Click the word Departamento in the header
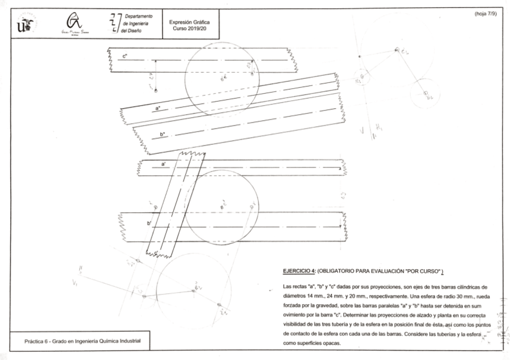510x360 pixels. [x=139, y=16]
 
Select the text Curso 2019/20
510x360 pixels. [x=189, y=28]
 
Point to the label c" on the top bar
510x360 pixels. [x=124, y=56]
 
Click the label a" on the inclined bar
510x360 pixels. [x=158, y=108]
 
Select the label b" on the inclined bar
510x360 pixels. [x=162, y=134]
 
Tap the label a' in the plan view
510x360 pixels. [x=163, y=163]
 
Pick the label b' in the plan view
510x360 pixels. [x=149, y=223]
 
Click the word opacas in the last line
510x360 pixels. [x=332, y=343]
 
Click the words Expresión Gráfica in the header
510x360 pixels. [x=189, y=22]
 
